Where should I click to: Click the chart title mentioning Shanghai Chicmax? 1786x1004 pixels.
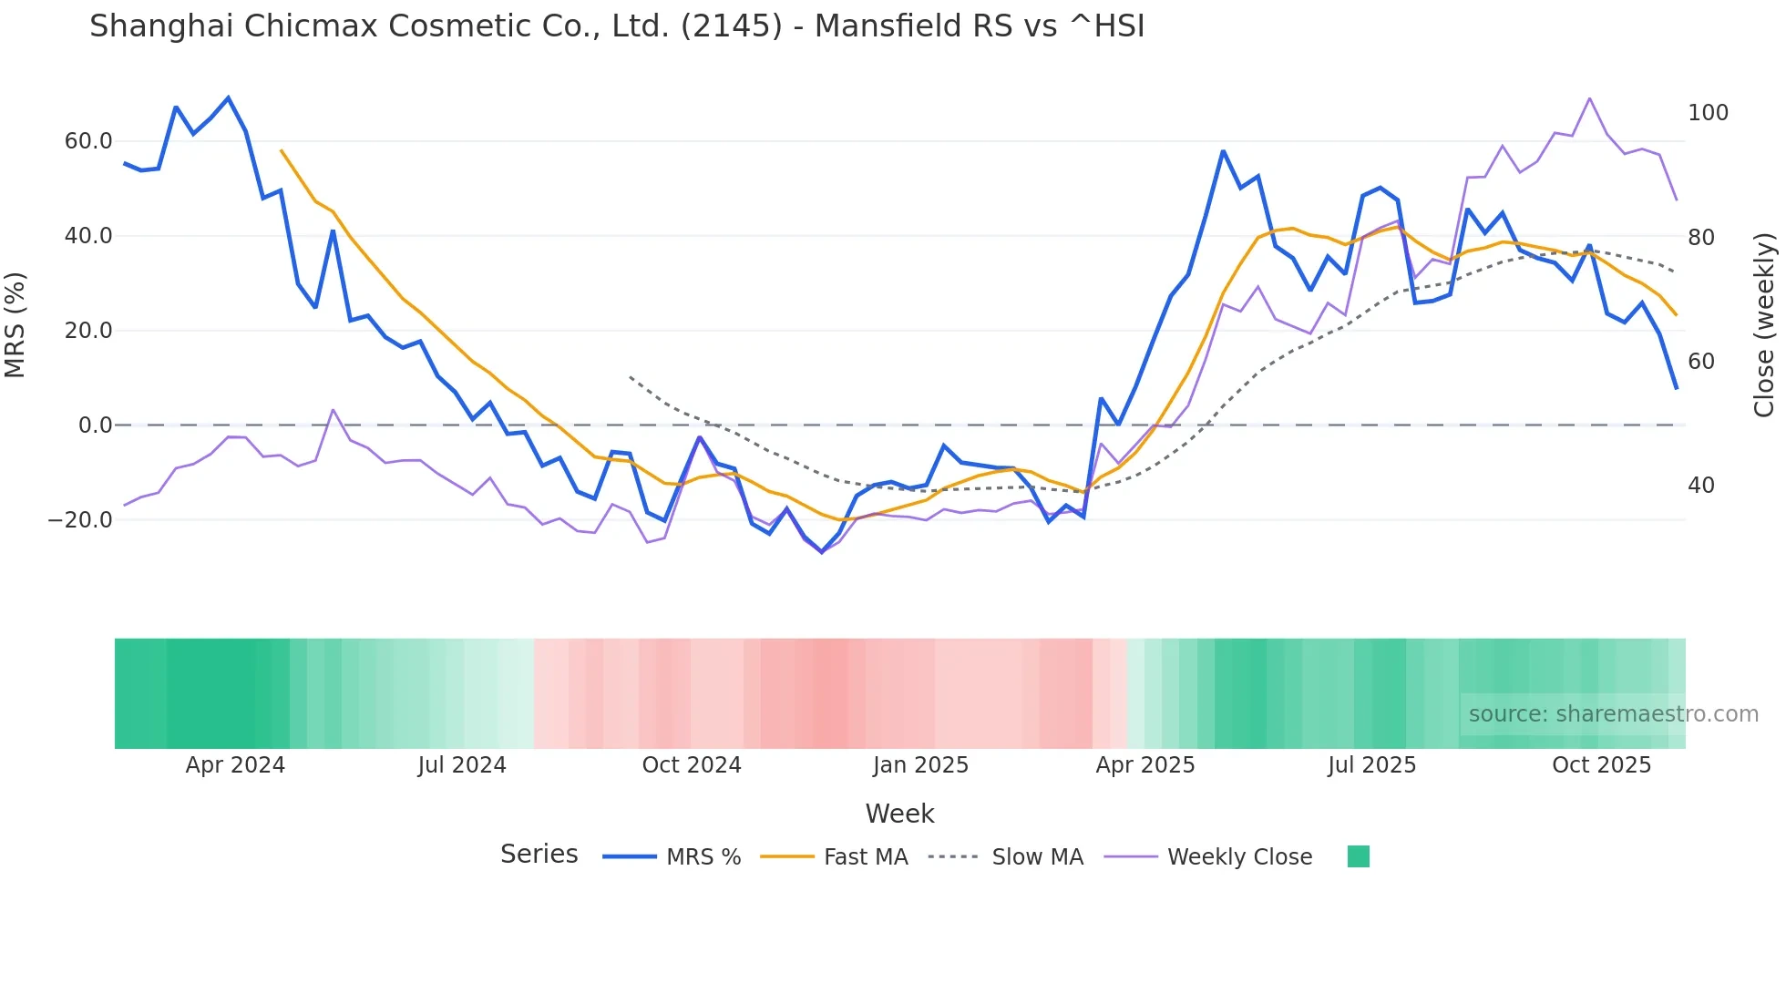[x=617, y=26]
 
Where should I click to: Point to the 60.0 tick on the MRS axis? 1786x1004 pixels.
[x=88, y=141]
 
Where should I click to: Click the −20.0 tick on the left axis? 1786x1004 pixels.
[x=81, y=520]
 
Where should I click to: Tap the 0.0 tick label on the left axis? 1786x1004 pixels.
[x=96, y=425]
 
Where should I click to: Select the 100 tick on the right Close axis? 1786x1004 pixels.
[x=1708, y=113]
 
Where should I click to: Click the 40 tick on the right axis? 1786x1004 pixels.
[x=1700, y=486]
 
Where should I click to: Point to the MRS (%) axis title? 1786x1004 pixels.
[x=15, y=324]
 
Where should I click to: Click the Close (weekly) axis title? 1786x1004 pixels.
[x=1764, y=324]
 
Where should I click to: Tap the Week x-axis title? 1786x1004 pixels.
[x=899, y=814]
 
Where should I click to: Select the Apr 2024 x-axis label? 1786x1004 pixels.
[x=235, y=765]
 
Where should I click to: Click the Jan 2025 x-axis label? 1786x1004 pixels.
[x=920, y=765]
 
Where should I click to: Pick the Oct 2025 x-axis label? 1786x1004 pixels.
[x=1601, y=765]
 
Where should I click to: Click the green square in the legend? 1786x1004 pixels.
[x=1358, y=856]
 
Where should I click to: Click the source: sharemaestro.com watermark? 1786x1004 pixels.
[x=1613, y=714]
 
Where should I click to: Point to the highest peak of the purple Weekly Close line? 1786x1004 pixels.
[x=1589, y=98]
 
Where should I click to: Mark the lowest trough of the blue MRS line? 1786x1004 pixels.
[x=822, y=552]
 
